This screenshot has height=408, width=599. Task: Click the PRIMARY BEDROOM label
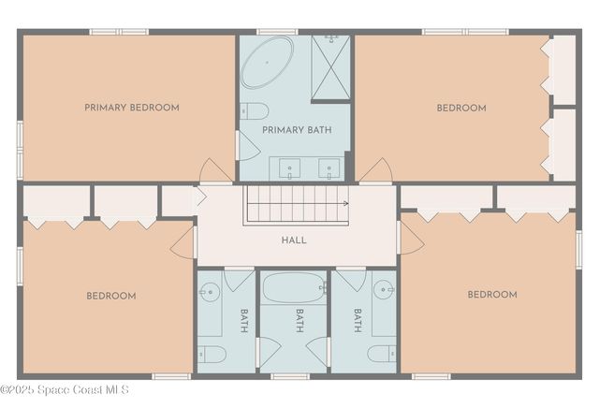click(x=131, y=108)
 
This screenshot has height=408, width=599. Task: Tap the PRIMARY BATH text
click(x=293, y=129)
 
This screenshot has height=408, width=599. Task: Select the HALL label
click(x=294, y=240)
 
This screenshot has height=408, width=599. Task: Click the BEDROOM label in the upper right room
click(x=461, y=108)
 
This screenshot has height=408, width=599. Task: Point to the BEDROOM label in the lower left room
click(x=111, y=296)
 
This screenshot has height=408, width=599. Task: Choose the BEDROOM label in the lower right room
click(x=491, y=295)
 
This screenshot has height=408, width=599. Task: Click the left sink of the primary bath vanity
click(x=290, y=169)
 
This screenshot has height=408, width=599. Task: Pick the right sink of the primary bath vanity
click(x=329, y=169)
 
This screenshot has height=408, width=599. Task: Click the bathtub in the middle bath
click(x=293, y=288)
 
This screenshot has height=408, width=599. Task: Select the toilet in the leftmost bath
click(x=212, y=354)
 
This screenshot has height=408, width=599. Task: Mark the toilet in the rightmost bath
click(x=380, y=354)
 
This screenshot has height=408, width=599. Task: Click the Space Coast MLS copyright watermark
click(x=66, y=389)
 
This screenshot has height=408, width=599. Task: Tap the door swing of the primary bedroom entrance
click(x=215, y=172)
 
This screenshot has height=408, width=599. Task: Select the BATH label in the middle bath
click(x=299, y=321)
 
